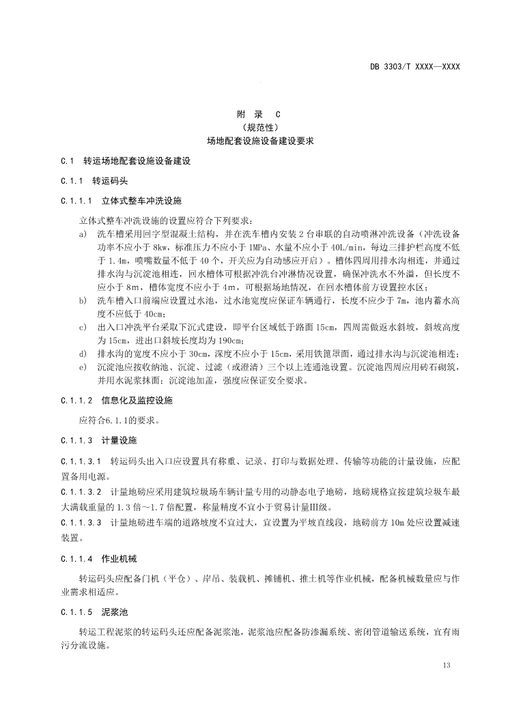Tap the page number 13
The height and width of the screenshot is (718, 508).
pos(447,665)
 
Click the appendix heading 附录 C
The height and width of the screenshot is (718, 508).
pos(253,115)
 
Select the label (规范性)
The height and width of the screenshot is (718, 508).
pos(253,128)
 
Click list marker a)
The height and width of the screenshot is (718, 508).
pos(83,234)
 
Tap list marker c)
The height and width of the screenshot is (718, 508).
pos(83,328)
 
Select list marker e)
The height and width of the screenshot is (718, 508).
pos(83,367)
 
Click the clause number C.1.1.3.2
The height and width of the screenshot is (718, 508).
pos(81,491)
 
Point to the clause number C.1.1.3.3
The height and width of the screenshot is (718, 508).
pos(81,523)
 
